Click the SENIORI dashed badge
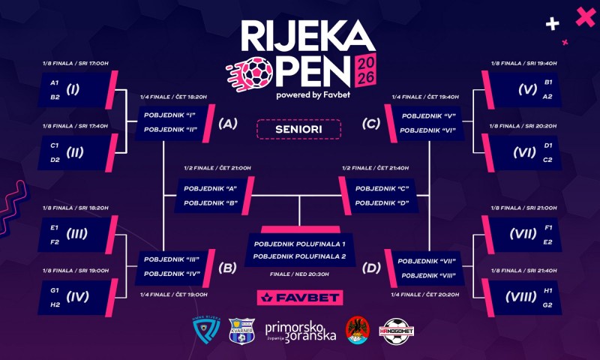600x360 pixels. tap(298, 129)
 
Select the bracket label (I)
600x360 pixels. tap(73, 89)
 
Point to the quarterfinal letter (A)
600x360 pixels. tap(228, 124)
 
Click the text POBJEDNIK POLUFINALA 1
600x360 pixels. tap(299, 244)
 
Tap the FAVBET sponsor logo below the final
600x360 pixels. tap(299, 298)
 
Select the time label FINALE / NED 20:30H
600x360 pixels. tap(299, 274)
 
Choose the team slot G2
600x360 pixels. tap(547, 304)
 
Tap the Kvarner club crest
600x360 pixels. tap(241, 329)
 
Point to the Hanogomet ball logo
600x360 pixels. tap(397, 330)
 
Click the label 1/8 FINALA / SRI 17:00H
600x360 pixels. tap(76, 63)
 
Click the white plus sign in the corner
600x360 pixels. tap(553, 24)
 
